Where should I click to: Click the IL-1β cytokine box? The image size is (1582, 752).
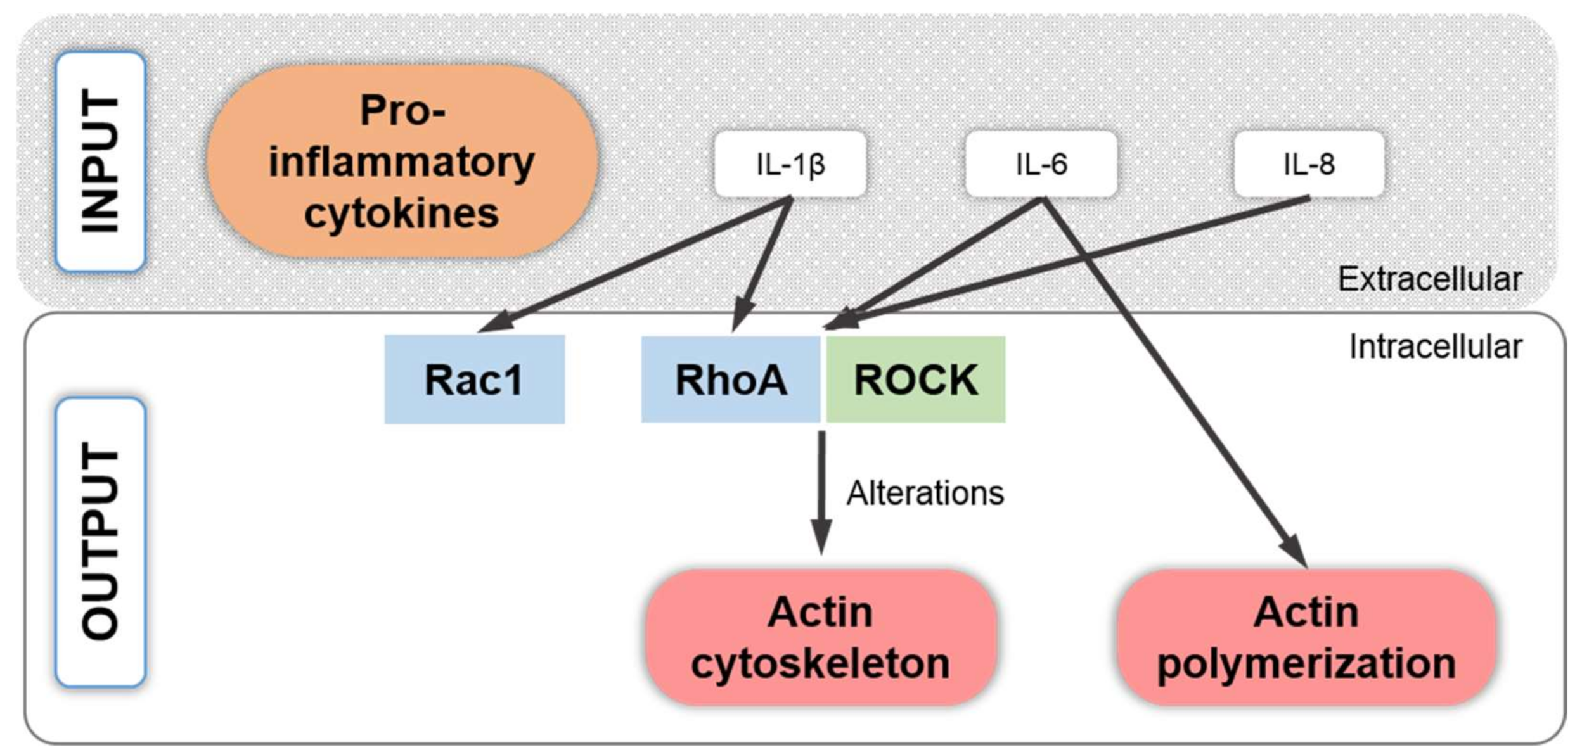[x=790, y=164]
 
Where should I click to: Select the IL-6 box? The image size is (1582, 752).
[x=1041, y=164]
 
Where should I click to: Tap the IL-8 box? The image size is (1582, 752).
[x=1309, y=164]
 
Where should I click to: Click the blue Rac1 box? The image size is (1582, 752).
[x=475, y=379]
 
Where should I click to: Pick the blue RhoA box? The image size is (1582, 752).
[x=731, y=379]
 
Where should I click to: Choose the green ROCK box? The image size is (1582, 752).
[x=916, y=379]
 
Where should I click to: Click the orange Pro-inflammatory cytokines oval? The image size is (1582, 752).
[x=402, y=162]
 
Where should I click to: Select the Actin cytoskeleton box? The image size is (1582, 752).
[x=821, y=637]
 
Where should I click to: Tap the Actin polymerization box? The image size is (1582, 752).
[x=1306, y=637]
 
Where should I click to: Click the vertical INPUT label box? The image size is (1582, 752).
[x=101, y=162]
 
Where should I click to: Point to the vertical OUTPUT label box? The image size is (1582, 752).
[x=101, y=542]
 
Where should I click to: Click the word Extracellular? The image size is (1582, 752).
[x=1430, y=279]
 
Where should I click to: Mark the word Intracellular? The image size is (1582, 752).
[x=1436, y=347]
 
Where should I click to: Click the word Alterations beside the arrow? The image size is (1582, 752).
[x=925, y=493]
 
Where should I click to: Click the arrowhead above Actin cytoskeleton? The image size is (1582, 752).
[x=821, y=537]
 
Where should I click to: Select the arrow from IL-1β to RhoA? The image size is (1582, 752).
[x=762, y=265]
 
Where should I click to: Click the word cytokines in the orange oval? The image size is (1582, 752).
[x=402, y=213]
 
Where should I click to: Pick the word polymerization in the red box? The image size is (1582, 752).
[x=1306, y=665]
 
